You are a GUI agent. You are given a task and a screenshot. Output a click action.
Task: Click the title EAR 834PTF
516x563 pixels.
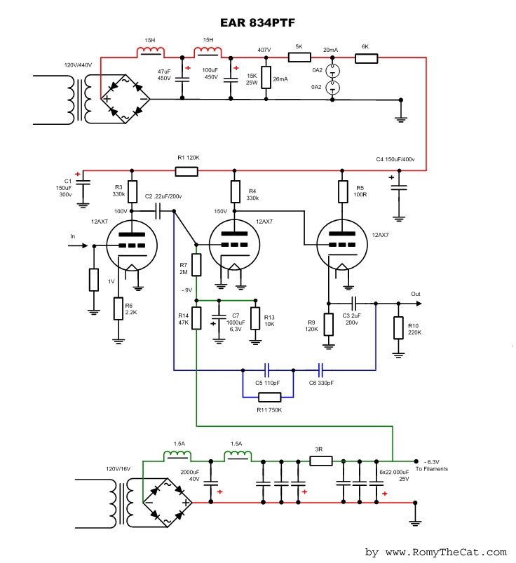(x=257, y=22)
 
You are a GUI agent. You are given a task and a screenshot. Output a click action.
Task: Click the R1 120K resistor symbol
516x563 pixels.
(x=186, y=171)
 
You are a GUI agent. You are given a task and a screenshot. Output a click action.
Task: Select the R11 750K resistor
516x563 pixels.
(x=270, y=397)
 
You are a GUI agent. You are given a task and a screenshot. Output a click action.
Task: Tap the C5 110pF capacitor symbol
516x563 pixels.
(x=267, y=369)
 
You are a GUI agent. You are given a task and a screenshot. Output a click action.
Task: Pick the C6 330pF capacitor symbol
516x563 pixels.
(x=320, y=369)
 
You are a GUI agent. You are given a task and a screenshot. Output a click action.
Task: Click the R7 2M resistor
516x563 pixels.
(x=196, y=264)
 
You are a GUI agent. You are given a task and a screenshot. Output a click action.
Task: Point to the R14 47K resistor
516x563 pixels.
(x=196, y=318)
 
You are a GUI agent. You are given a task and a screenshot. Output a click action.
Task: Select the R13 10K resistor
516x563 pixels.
(x=255, y=318)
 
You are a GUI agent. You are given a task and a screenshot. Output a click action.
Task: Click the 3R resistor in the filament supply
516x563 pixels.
(x=321, y=461)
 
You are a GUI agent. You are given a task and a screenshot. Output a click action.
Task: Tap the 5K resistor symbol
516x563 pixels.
(x=299, y=57)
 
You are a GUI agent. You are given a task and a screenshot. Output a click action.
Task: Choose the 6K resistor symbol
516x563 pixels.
(x=366, y=58)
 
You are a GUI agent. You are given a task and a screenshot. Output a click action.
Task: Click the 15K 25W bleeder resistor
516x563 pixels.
(x=266, y=77)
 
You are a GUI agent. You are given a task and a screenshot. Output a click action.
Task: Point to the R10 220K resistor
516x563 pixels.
(x=398, y=328)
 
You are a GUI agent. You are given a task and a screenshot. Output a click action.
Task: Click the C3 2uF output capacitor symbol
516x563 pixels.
(x=354, y=304)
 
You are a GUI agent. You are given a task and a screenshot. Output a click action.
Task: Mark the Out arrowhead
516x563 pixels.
(x=419, y=304)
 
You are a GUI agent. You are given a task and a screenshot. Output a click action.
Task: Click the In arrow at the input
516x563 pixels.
(x=78, y=245)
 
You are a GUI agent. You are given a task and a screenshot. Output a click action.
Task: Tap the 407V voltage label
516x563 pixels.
(x=264, y=50)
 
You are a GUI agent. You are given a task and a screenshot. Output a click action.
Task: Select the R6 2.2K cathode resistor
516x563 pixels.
(x=118, y=308)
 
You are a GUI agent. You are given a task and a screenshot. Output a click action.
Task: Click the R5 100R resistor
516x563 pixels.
(x=343, y=191)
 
